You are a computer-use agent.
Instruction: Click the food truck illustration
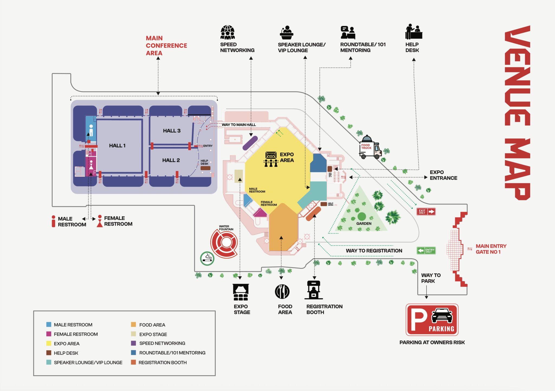[370, 147]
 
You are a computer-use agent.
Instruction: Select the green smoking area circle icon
[207, 258]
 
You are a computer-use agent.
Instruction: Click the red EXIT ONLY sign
[426, 211]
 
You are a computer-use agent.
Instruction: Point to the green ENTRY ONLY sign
[426, 250]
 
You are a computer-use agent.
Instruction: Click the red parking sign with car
[432, 320]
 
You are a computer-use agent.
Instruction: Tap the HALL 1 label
[117, 146]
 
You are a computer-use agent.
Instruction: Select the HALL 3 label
[172, 131]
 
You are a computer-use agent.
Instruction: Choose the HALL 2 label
[171, 160]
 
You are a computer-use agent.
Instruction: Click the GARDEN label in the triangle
[364, 224]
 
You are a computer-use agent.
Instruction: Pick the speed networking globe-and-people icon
[228, 32]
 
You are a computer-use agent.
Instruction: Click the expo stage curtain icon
[241, 292]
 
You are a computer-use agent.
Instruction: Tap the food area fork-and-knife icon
[282, 292]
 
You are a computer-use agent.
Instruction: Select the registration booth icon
[314, 290]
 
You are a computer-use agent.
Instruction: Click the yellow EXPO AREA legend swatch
[49, 343]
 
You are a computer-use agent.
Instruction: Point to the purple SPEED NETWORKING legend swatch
[133, 343]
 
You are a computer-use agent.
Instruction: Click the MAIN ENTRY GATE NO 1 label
[491, 249]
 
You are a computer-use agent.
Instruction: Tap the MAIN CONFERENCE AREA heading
[166, 46]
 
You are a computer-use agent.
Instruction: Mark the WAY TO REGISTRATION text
[374, 251]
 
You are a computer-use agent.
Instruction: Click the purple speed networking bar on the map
[250, 143]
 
